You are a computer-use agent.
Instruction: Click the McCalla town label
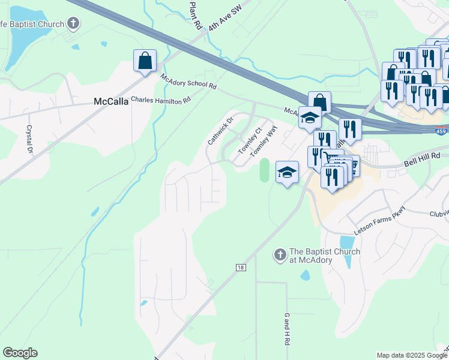[x=111, y=101]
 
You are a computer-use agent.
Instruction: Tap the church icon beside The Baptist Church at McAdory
[x=279, y=255]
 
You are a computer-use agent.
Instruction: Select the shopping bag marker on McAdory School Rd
[x=145, y=61]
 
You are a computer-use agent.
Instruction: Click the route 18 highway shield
[x=241, y=268]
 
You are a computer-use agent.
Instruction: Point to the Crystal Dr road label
[x=28, y=139]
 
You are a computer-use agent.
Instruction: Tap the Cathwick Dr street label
[x=219, y=131]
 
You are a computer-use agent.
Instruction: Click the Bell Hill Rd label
[x=421, y=156]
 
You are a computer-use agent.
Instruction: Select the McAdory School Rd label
[x=188, y=81]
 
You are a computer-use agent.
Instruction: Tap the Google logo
[x=20, y=353]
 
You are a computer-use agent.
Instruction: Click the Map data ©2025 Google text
[x=411, y=355]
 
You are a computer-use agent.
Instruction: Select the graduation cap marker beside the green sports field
[x=287, y=172]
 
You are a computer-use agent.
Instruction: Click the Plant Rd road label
[x=195, y=16]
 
